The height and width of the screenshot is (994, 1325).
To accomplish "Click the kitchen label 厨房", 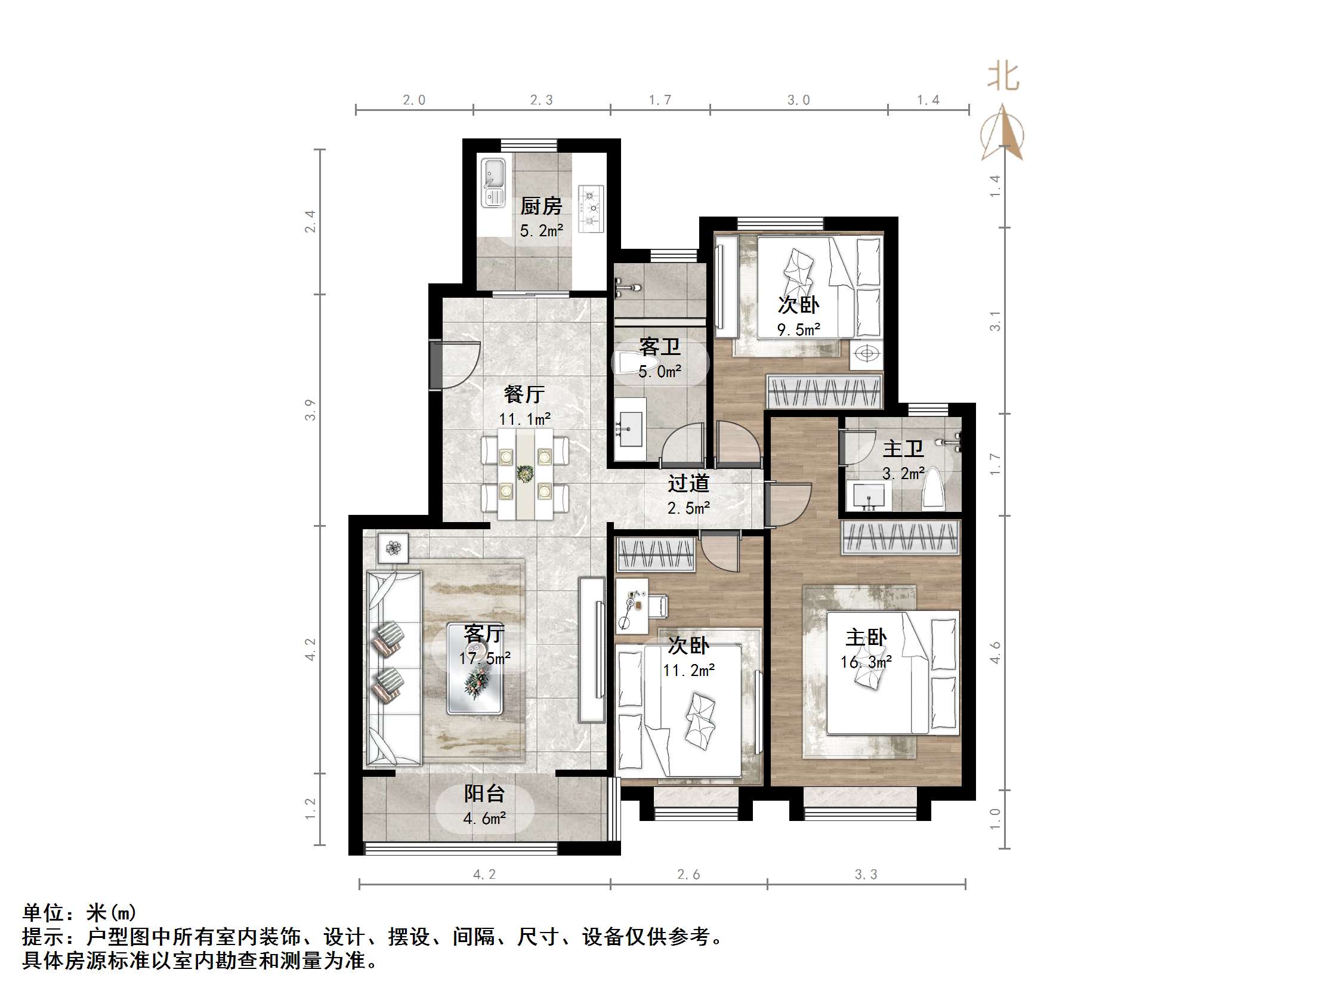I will [541, 206].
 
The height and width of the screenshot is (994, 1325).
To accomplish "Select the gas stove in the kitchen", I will [591, 208].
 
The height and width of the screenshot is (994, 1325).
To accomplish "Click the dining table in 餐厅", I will [526, 474].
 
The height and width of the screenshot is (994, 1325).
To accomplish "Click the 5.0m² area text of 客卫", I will [659, 372].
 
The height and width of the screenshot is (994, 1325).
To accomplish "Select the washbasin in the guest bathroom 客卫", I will [630, 428].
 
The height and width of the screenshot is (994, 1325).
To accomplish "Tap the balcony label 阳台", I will [484, 794].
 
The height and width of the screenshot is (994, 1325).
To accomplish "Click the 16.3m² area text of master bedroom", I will [866, 662].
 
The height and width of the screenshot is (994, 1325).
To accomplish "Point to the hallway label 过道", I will [688, 483].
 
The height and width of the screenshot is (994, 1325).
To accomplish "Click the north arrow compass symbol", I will [1003, 133].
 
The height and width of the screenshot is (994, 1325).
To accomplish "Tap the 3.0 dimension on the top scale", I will [798, 100].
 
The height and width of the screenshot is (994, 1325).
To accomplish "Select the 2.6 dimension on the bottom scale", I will [688, 874].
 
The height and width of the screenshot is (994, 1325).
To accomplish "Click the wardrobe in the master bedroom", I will [900, 536].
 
